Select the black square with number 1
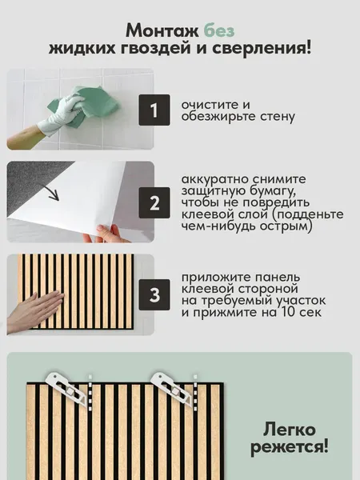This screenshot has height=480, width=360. tap(154, 110)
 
